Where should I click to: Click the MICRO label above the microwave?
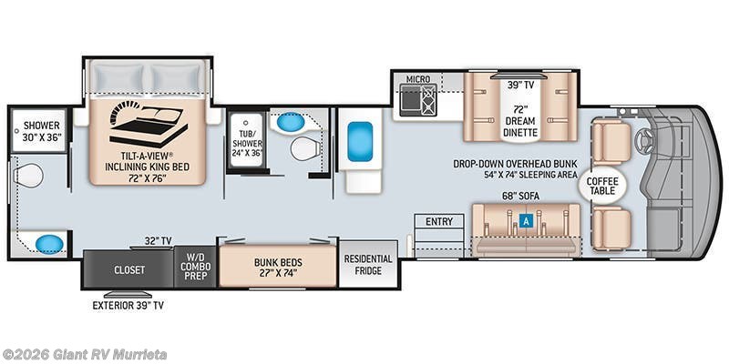point(417,79)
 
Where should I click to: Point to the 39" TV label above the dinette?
point(521,86)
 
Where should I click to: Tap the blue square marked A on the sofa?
point(526,219)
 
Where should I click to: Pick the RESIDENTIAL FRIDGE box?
point(368,265)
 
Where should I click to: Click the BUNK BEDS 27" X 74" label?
point(278,268)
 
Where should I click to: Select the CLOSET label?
point(129,270)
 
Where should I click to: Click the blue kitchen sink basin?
point(360,141)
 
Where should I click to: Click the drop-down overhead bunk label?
point(517,170)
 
